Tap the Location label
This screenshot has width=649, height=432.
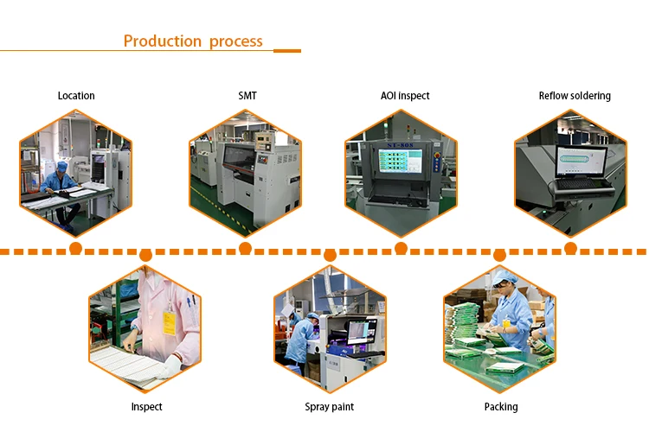tap(76, 96)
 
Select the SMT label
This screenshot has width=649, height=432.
tap(247, 96)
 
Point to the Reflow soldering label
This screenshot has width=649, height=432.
tap(575, 96)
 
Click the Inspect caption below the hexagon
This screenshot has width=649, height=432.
tap(146, 407)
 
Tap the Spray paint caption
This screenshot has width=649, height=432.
tap(330, 407)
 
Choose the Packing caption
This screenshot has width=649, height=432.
tap(501, 407)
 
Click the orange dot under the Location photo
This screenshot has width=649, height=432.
tap(75, 249)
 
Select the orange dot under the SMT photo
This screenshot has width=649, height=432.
tap(245, 249)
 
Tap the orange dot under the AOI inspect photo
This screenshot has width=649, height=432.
tap(401, 249)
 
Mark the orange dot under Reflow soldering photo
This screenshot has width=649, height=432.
tap(570, 249)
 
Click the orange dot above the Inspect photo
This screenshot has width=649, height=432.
tap(145, 255)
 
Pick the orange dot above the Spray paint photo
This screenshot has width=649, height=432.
tap(330, 255)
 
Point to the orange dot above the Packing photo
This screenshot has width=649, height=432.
tap(499, 255)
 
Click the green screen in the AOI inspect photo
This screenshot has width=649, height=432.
tap(399, 162)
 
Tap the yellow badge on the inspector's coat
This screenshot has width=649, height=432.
tap(170, 323)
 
